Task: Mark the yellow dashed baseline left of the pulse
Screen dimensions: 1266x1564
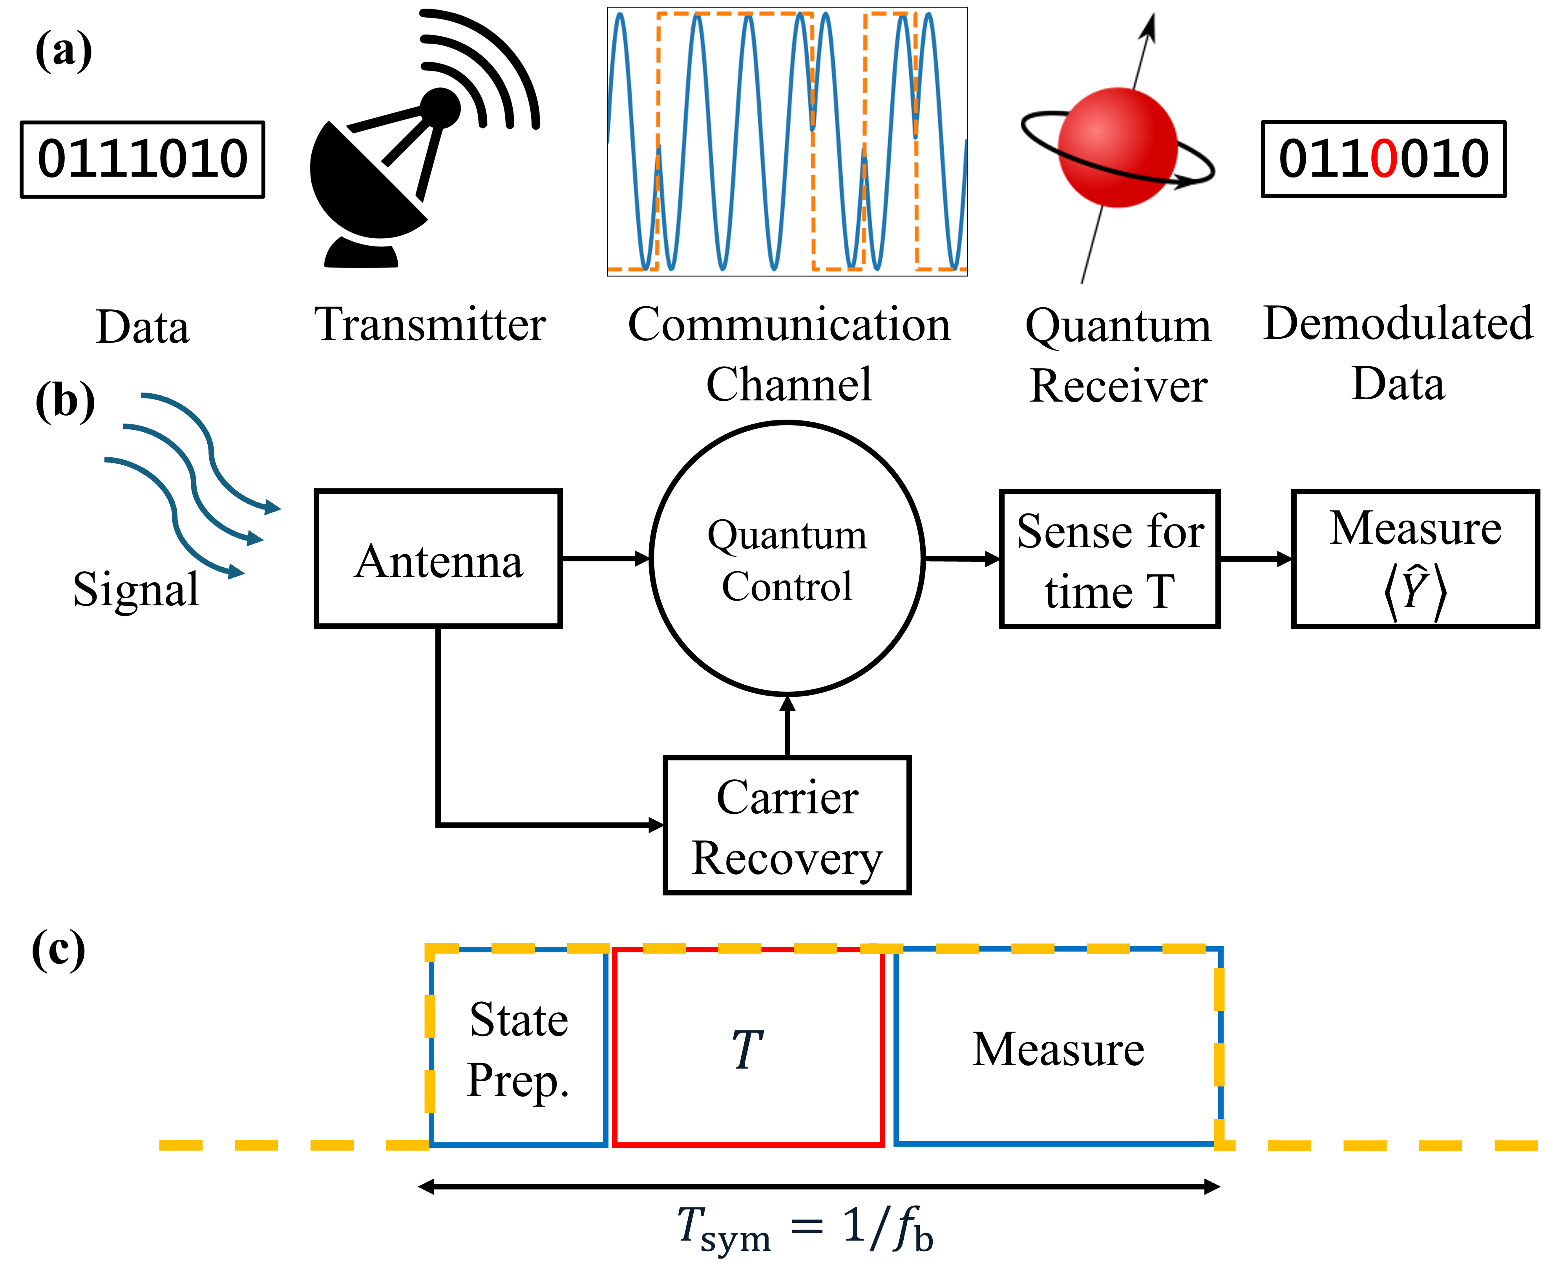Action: [x=292, y=1145]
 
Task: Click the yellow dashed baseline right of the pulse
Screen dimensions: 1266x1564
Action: [x=1385, y=1145]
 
